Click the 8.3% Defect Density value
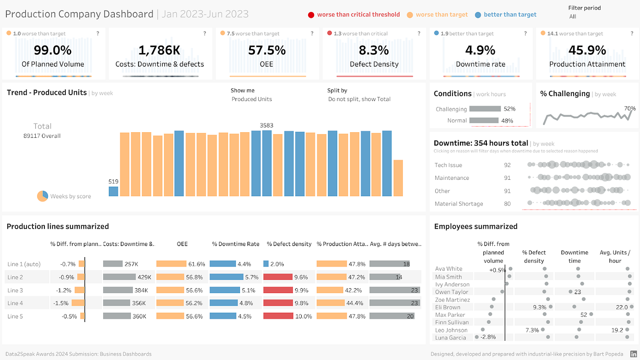pos(374,50)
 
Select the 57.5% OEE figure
pos(267,50)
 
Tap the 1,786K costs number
pos(160,50)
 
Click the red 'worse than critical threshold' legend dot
pos(311,15)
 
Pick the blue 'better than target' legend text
pos(510,15)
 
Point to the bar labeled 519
pos(113,191)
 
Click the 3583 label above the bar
pos(267,125)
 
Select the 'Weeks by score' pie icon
pos(43,196)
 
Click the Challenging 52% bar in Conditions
pos(485,109)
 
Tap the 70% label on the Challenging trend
pos(630,108)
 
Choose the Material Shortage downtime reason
pos(459,204)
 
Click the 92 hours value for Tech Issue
pos(507,165)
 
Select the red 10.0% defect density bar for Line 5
pos(278,316)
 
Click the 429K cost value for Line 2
pos(144,277)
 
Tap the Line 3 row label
pos(15,290)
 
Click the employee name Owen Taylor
pos(451,292)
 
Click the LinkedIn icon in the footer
pos(634,354)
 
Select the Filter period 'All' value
pos(573,16)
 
